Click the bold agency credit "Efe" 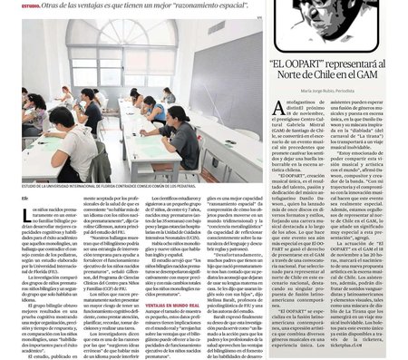pos(25,198)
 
